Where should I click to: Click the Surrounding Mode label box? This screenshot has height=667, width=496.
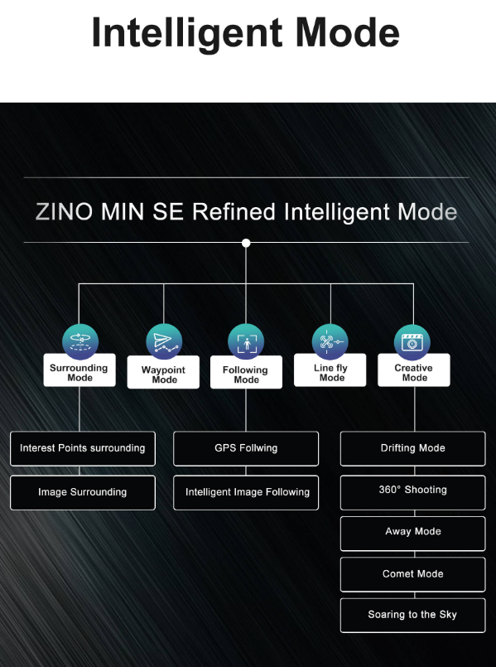tap(79, 370)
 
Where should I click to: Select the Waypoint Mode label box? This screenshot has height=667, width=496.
tap(163, 372)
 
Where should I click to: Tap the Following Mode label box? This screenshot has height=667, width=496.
tap(246, 372)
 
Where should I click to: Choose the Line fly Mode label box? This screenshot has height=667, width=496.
tap(330, 370)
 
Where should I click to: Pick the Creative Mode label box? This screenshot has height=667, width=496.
tap(413, 370)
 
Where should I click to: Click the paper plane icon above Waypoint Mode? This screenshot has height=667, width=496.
tap(164, 341)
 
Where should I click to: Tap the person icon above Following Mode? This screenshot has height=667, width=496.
tap(246, 341)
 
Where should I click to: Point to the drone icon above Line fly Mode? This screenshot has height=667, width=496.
tap(330, 341)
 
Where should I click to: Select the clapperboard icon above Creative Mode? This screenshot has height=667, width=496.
tap(412, 342)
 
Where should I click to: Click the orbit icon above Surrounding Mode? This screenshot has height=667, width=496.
tap(79, 341)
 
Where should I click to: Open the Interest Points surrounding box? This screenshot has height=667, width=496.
tap(83, 448)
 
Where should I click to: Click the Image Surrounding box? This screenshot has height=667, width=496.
tap(83, 492)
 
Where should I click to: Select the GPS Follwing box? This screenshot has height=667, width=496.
tap(246, 448)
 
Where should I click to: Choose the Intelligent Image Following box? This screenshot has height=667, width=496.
tap(246, 492)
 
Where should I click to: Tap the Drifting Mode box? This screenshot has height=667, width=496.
tap(412, 448)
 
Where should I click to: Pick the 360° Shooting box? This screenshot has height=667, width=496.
tap(412, 492)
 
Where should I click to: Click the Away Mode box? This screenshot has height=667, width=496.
tap(412, 534)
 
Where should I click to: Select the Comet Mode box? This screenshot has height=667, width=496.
tap(412, 574)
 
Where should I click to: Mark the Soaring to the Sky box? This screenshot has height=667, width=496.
tap(412, 615)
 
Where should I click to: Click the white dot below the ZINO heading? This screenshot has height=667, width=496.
tap(246, 243)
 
